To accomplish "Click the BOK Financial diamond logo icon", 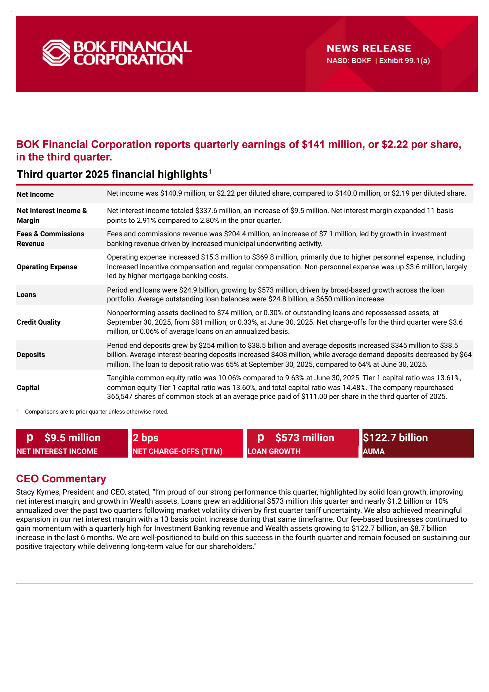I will click(56, 53).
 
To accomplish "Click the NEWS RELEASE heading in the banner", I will click(369, 48).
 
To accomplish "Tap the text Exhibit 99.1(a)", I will click(404, 61).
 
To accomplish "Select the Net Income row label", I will click(35, 194).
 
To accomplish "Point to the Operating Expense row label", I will click(47, 267).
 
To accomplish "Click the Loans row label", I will click(26, 295).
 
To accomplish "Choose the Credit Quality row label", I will click(39, 322).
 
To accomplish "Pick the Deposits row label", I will click(31, 355).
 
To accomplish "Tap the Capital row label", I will click(28, 388).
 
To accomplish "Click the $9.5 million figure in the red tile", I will click(72, 438).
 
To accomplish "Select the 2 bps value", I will click(145, 438).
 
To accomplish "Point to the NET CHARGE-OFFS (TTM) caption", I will click(177, 451).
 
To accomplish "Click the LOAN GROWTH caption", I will click(274, 451).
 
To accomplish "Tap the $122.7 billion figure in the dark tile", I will click(395, 438).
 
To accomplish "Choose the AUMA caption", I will click(373, 451).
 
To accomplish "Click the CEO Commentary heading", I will click(61, 479).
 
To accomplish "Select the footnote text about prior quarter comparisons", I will click(97, 412).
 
